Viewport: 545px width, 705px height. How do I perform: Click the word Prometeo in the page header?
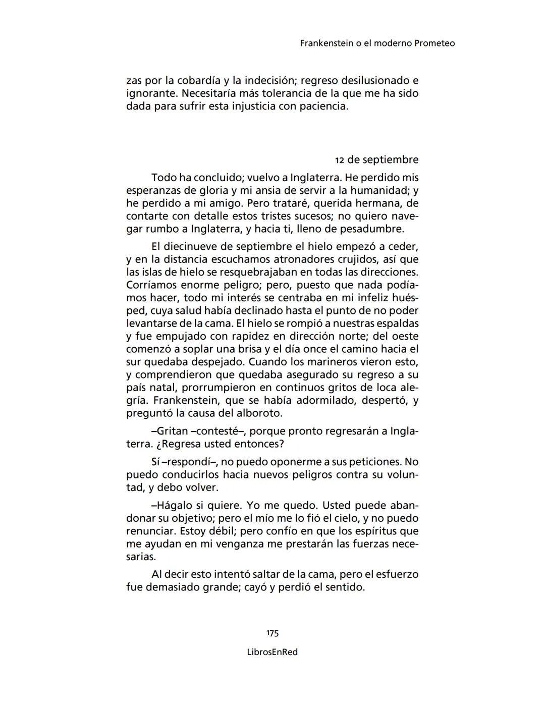click(x=434, y=43)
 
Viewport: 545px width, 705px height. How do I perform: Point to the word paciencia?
click(x=323, y=106)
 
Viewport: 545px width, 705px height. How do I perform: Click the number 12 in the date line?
click(x=340, y=160)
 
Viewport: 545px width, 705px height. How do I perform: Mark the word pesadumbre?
click(x=372, y=229)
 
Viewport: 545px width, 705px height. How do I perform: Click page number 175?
click(x=272, y=633)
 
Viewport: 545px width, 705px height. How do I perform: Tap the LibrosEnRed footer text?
click(x=272, y=652)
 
